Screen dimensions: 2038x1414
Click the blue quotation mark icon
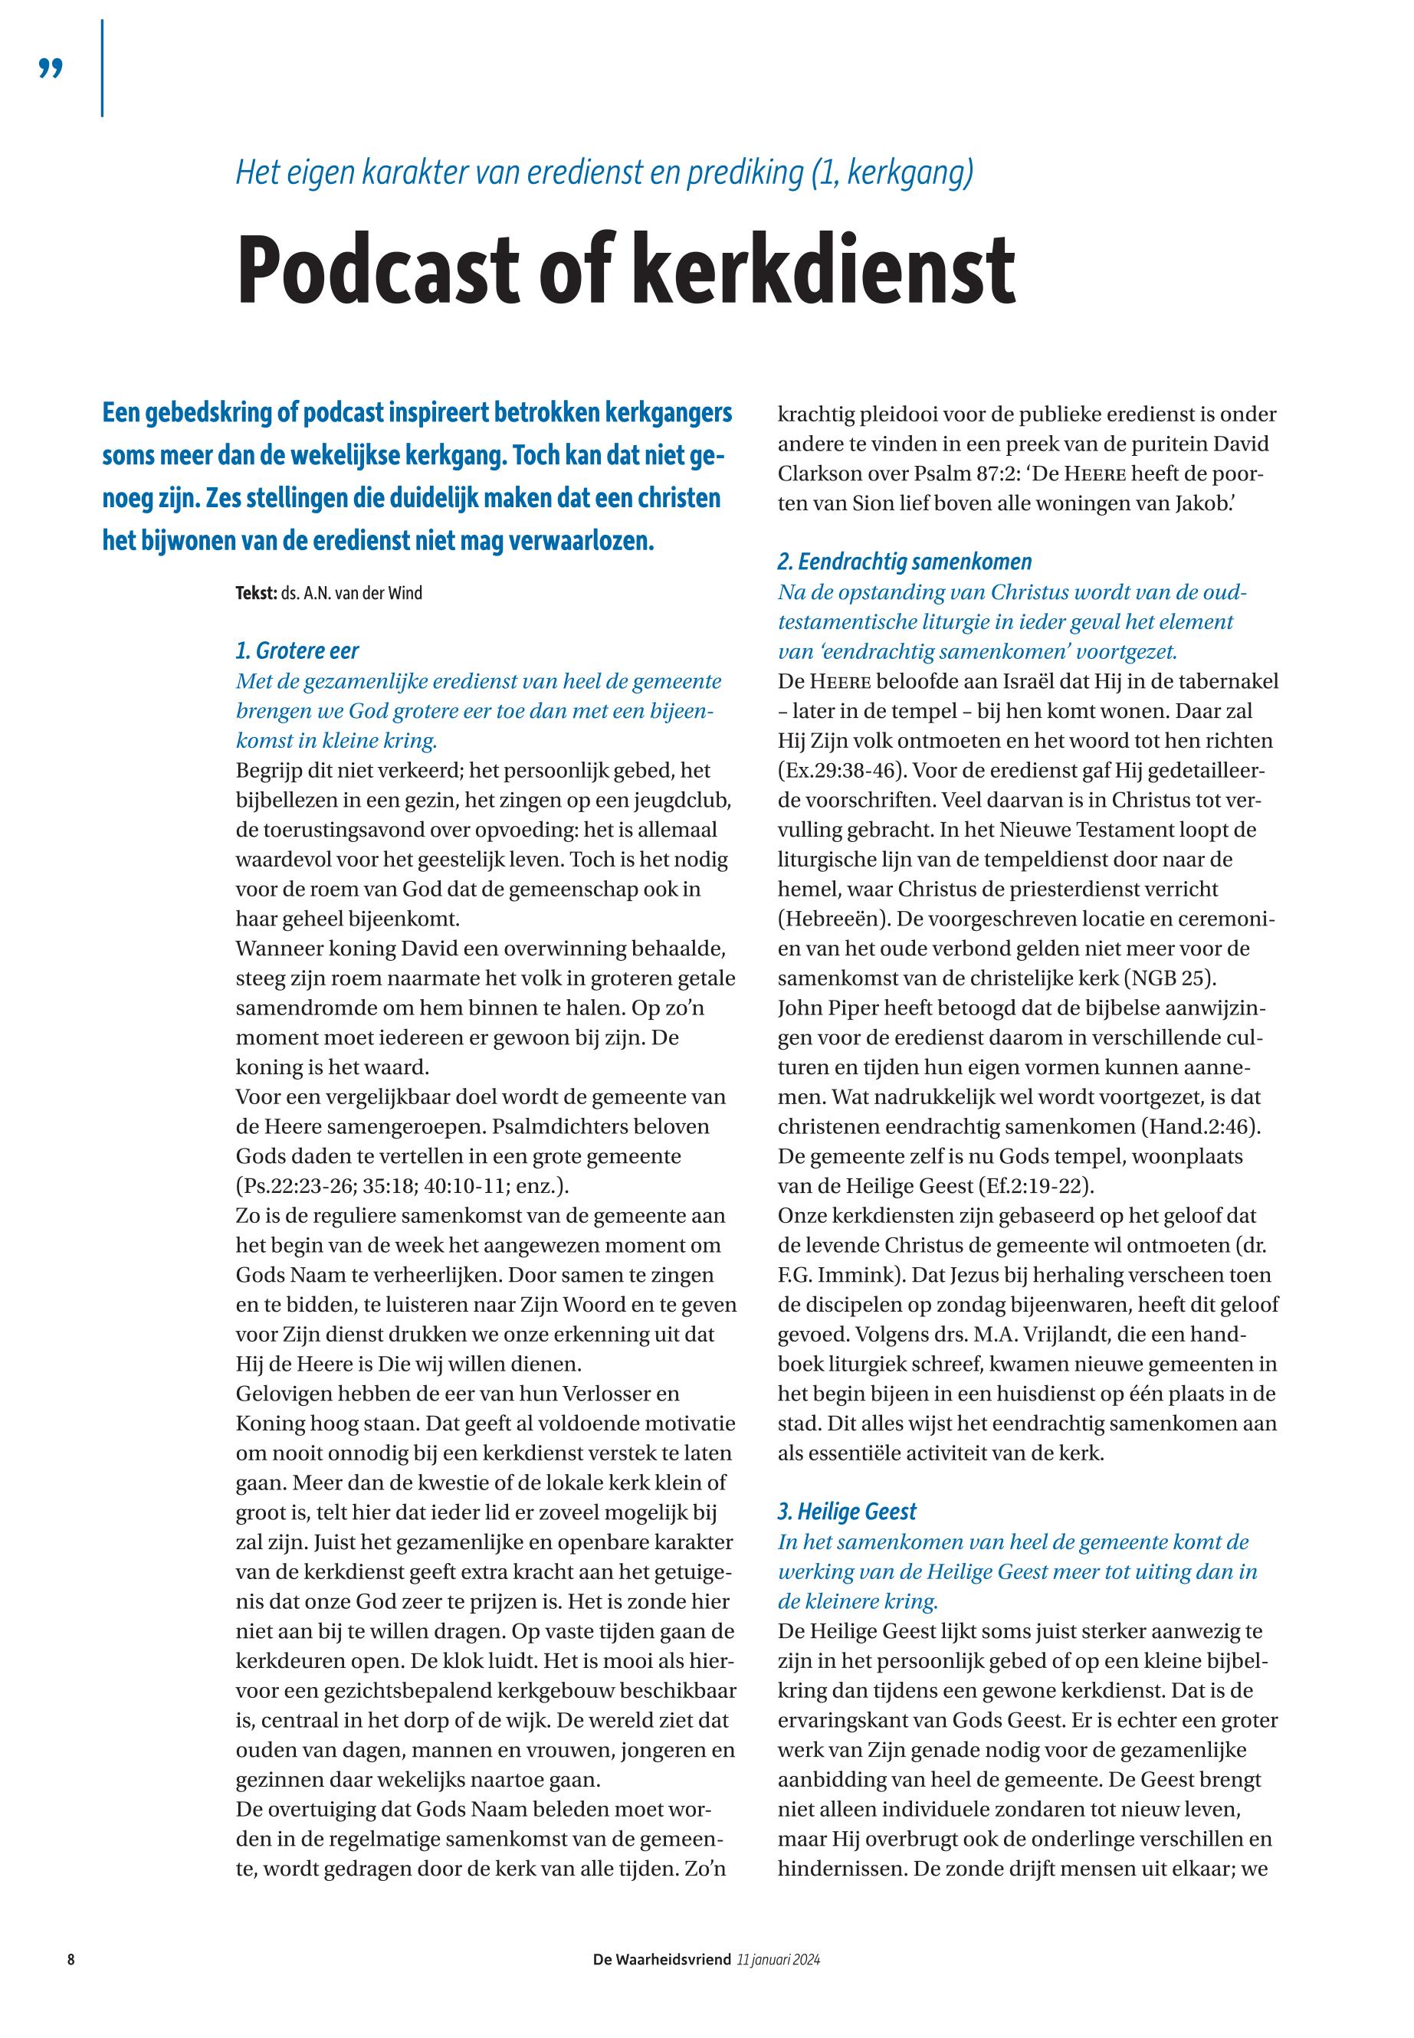(x=51, y=68)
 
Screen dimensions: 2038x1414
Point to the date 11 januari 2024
(x=778, y=1959)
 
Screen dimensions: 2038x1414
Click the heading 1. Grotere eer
(x=297, y=651)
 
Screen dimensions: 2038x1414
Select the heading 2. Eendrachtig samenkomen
(x=904, y=562)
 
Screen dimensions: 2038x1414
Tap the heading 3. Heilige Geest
(x=847, y=1511)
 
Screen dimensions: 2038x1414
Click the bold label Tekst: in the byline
(x=256, y=594)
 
